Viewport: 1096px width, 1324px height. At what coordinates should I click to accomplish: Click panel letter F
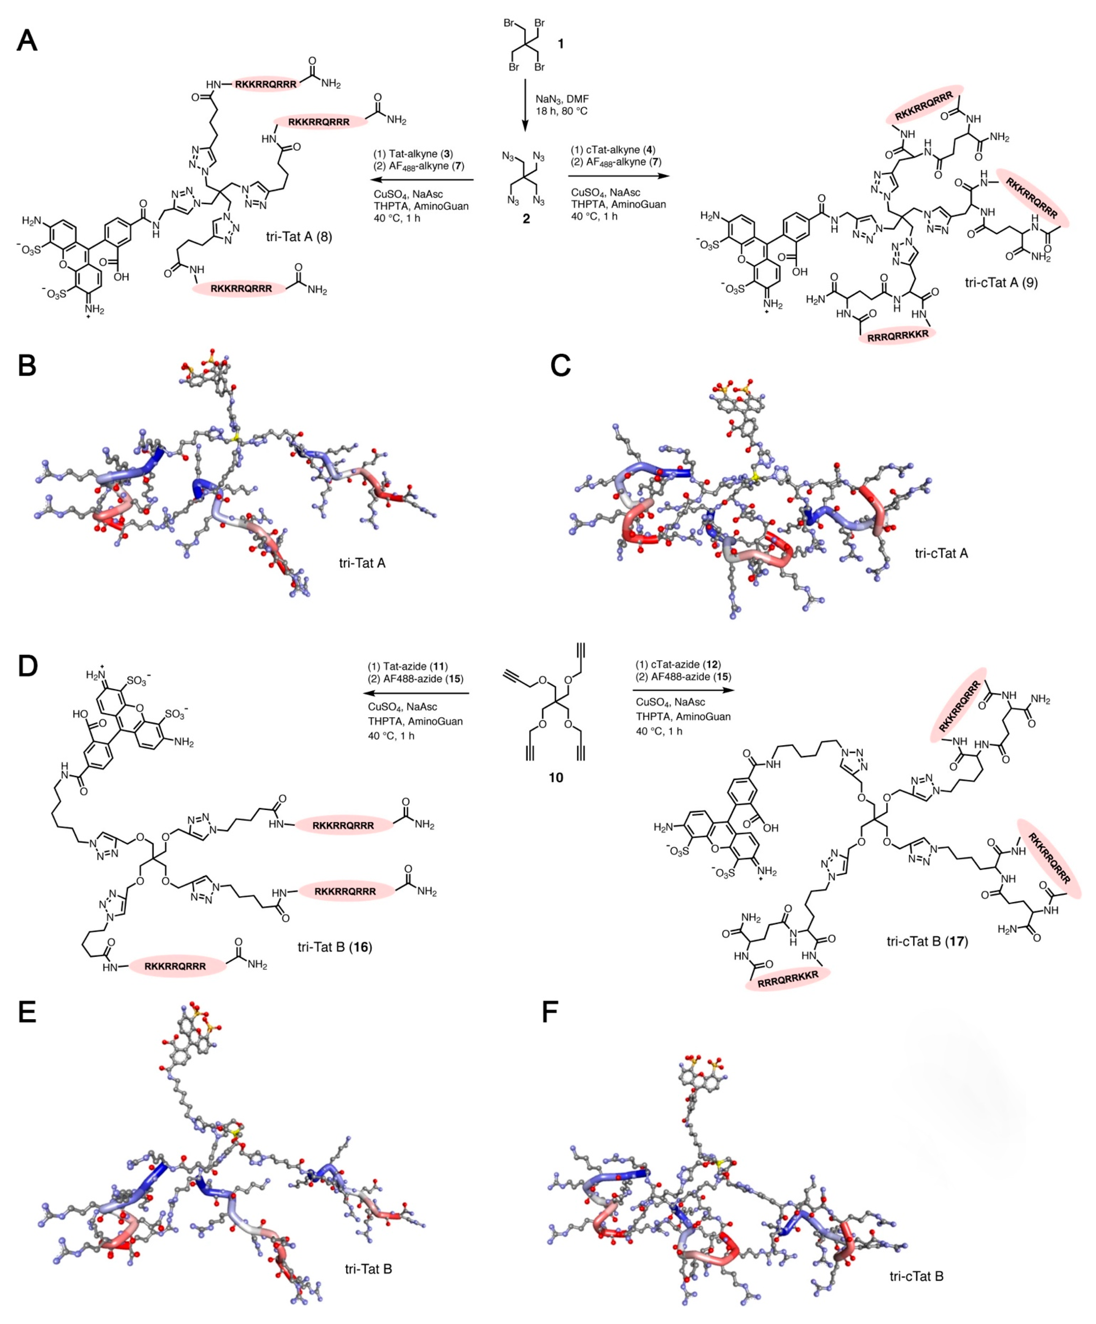550,1014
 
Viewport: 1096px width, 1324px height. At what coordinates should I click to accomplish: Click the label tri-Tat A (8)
299,237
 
